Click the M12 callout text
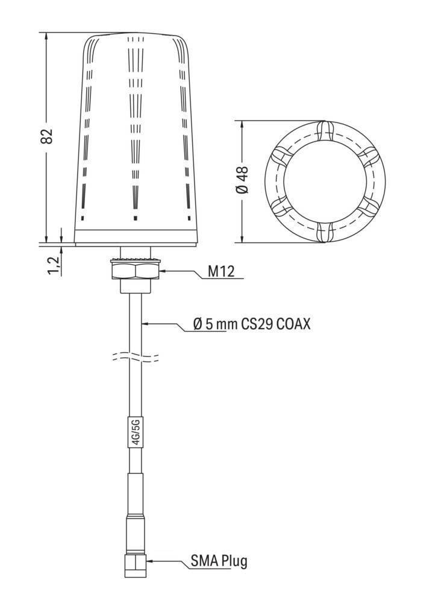pos(221,272)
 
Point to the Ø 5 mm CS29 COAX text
pos(251,324)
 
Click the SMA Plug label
pos(219,561)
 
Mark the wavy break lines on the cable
pos(135,358)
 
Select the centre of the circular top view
pos(324,181)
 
